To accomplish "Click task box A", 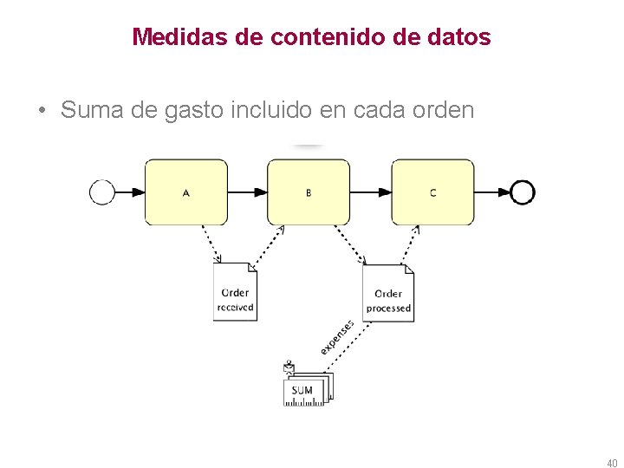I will coord(185,192).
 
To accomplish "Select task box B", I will coord(309,192).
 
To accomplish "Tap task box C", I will coord(432,192).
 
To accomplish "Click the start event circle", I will coord(102,192).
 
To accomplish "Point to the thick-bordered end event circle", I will coord(523,192).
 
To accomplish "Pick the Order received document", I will coord(235,292).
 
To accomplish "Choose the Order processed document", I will coord(388,293).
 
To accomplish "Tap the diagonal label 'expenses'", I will coord(337,335).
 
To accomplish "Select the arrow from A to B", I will coord(248,192).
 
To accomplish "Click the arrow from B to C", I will coord(371,192).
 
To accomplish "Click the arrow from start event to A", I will coord(129,192).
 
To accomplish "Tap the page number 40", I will coord(611,462).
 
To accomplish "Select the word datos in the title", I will coord(462,37).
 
